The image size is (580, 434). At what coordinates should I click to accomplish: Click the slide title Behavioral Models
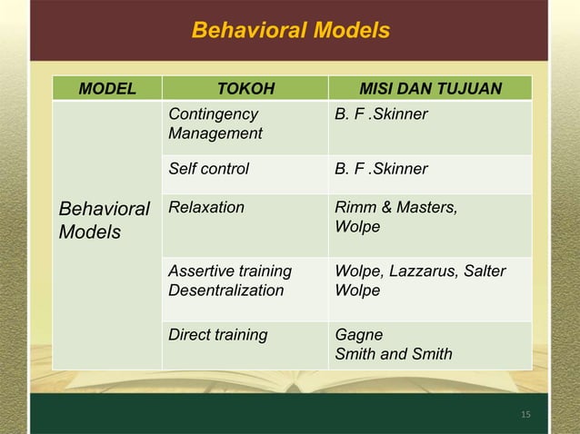[290, 31]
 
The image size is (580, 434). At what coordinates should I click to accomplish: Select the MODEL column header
[107, 89]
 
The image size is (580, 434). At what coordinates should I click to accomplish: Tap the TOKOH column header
[245, 89]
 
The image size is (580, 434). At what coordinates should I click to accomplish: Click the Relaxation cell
[206, 208]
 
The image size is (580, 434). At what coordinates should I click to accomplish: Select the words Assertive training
[230, 271]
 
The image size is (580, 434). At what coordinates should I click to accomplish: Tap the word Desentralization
[226, 291]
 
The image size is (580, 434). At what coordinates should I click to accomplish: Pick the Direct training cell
[218, 335]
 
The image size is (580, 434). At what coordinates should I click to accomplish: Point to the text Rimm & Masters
[396, 208]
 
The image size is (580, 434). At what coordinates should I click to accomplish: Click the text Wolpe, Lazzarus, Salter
[420, 271]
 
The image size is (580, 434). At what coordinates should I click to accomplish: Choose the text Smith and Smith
[393, 354]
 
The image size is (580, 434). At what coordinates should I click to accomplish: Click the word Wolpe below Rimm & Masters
[357, 227]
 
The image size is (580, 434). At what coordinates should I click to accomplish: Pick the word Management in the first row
[215, 134]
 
